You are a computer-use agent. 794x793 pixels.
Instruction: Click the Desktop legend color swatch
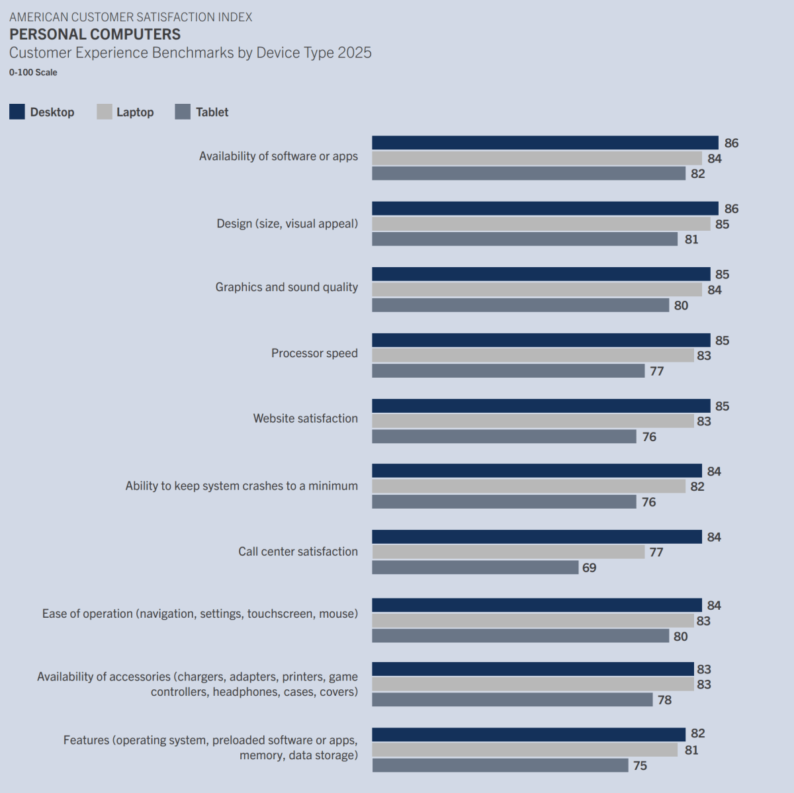pyautogui.click(x=17, y=112)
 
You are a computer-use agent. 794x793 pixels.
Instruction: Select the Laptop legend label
pyautogui.click(x=135, y=112)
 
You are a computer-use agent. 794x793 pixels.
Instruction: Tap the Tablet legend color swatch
pyautogui.click(x=183, y=112)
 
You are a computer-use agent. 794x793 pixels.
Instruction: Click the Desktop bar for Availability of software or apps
pyautogui.click(x=545, y=143)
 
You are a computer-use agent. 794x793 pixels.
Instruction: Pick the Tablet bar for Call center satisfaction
pyautogui.click(x=475, y=567)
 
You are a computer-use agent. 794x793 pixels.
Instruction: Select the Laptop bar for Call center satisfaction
pyautogui.click(x=508, y=552)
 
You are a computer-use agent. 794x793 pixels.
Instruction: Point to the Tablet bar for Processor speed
pyautogui.click(x=508, y=371)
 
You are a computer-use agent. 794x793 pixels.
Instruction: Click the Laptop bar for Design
pyautogui.click(x=541, y=224)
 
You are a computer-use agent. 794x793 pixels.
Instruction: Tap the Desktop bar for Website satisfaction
pyautogui.click(x=541, y=406)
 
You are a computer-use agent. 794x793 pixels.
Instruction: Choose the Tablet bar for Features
pyautogui.click(x=500, y=765)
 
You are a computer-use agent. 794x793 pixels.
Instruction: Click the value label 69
pyautogui.click(x=590, y=568)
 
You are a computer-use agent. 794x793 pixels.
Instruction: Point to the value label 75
pyautogui.click(x=640, y=766)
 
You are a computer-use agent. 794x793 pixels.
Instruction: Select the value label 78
pyautogui.click(x=664, y=700)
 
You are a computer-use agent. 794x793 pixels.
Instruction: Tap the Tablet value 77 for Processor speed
pyautogui.click(x=656, y=372)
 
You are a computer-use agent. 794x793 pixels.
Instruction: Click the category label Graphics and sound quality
pyautogui.click(x=287, y=287)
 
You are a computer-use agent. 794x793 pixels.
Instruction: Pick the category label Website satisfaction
pyautogui.click(x=305, y=419)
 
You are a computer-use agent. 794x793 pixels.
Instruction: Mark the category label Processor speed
pyautogui.click(x=314, y=353)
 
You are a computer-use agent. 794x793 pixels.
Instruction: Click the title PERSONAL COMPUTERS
pyautogui.click(x=95, y=34)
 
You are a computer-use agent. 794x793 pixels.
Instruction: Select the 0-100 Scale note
pyautogui.click(x=33, y=73)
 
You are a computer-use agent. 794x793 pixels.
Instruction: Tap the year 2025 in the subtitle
pyautogui.click(x=354, y=53)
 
